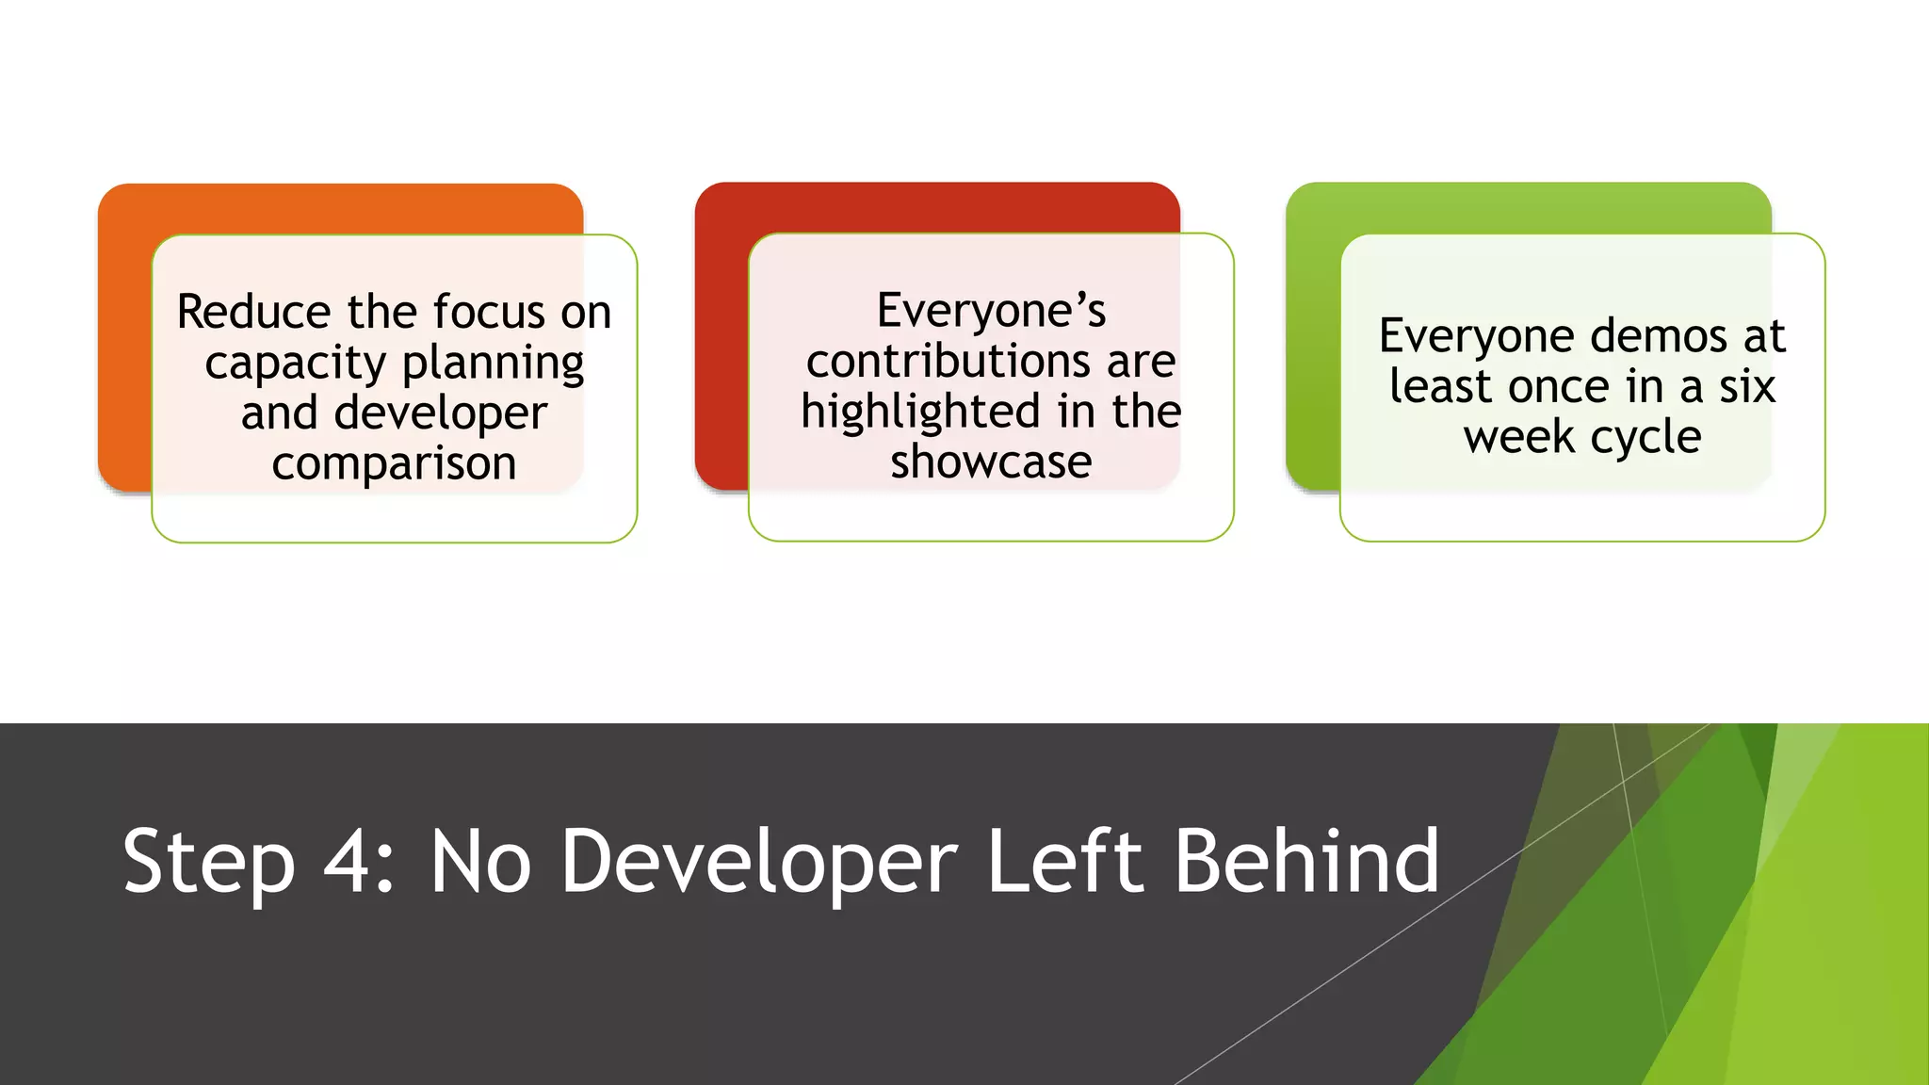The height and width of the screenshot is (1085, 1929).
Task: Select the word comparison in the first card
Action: [x=394, y=463]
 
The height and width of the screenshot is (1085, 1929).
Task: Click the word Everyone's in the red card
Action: [x=991, y=311]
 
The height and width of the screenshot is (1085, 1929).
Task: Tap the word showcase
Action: [x=991, y=462]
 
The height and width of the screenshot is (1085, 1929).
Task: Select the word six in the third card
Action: [x=1747, y=387]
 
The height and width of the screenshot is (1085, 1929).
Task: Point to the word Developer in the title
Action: [x=759, y=862]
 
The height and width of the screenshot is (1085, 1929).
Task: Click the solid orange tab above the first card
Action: [x=339, y=208]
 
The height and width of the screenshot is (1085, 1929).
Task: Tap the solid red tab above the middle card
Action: [x=936, y=206]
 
